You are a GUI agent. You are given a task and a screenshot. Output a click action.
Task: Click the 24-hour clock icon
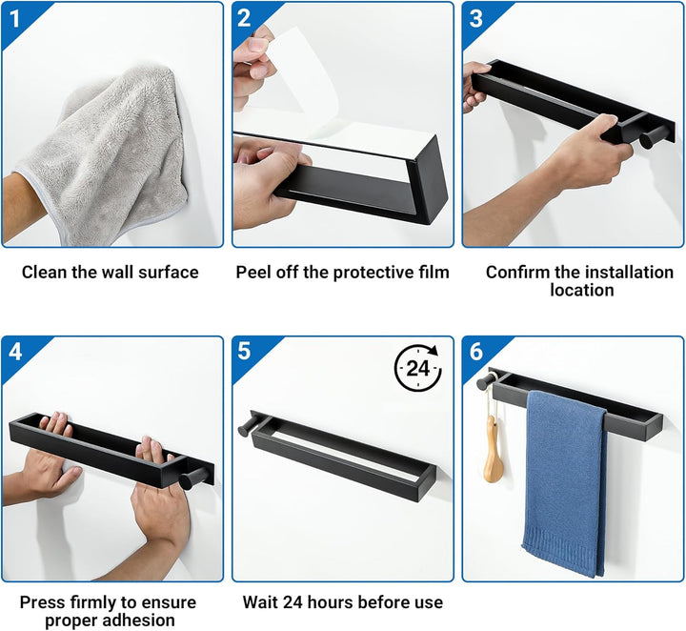pos(418,368)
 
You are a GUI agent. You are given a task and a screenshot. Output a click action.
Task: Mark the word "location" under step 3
pos(582,290)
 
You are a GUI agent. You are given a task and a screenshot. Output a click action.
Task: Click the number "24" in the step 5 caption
pos(293,602)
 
